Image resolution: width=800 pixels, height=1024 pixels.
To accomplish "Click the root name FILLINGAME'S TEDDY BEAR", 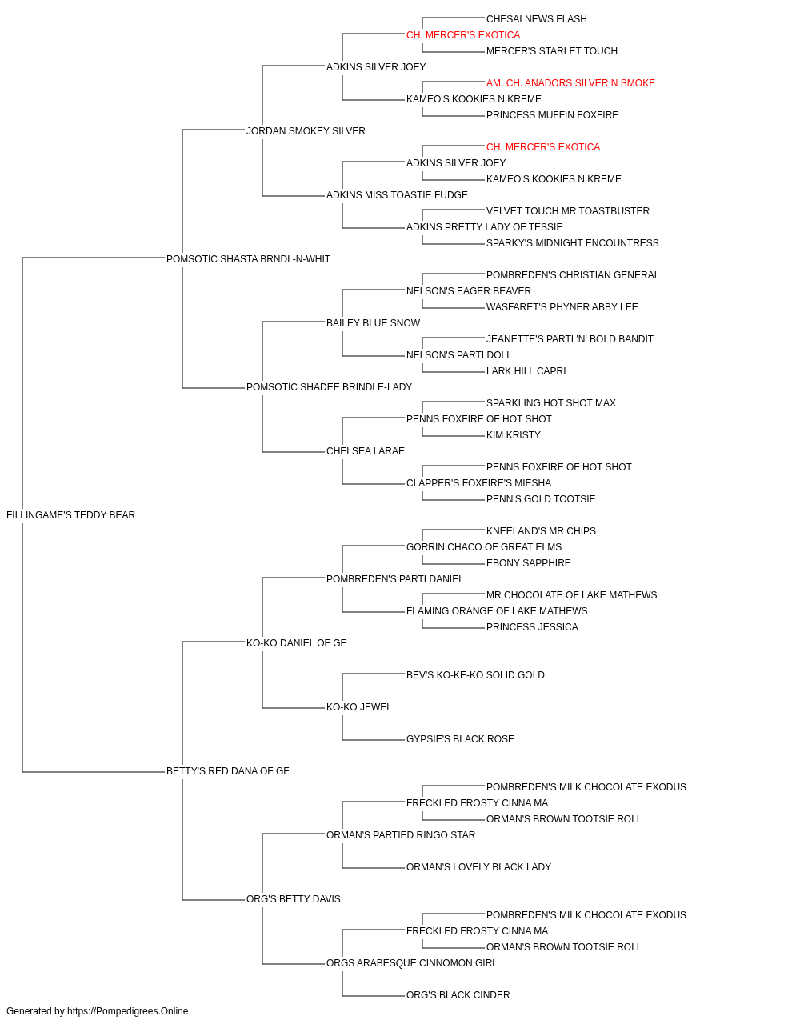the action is [70, 515].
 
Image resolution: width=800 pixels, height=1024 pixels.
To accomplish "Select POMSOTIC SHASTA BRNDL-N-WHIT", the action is [248, 259].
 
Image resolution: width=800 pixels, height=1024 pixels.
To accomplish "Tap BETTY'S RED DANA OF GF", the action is [227, 771].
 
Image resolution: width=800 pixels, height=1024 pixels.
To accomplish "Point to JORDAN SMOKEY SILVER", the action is [306, 131].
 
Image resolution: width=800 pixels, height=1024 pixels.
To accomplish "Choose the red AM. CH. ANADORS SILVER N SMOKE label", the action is [570, 83].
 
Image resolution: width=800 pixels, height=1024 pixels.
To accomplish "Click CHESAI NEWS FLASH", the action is [537, 19].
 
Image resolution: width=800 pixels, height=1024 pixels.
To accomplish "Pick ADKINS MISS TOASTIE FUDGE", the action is [397, 195].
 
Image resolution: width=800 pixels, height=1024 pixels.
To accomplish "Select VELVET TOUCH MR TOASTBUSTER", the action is [568, 211].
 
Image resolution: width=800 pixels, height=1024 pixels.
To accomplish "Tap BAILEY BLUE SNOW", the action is [373, 323].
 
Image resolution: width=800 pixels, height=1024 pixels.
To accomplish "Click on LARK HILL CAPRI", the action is [526, 371].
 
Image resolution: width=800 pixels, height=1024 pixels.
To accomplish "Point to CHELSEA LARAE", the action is [366, 451].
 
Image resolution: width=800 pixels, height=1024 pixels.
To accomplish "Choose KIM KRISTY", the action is [514, 435].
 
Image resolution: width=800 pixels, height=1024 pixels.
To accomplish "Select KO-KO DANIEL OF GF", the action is [296, 643].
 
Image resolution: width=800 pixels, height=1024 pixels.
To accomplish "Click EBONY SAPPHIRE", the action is [529, 563].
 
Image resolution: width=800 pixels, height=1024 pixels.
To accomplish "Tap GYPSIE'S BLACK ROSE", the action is [460, 739].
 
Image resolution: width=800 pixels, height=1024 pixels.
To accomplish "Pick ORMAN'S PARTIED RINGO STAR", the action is [401, 835].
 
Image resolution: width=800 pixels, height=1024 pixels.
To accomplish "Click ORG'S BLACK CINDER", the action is [458, 994].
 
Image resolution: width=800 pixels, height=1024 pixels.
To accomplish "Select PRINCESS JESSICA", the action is [532, 627].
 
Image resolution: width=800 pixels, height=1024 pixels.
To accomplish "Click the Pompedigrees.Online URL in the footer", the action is [128, 1011].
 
